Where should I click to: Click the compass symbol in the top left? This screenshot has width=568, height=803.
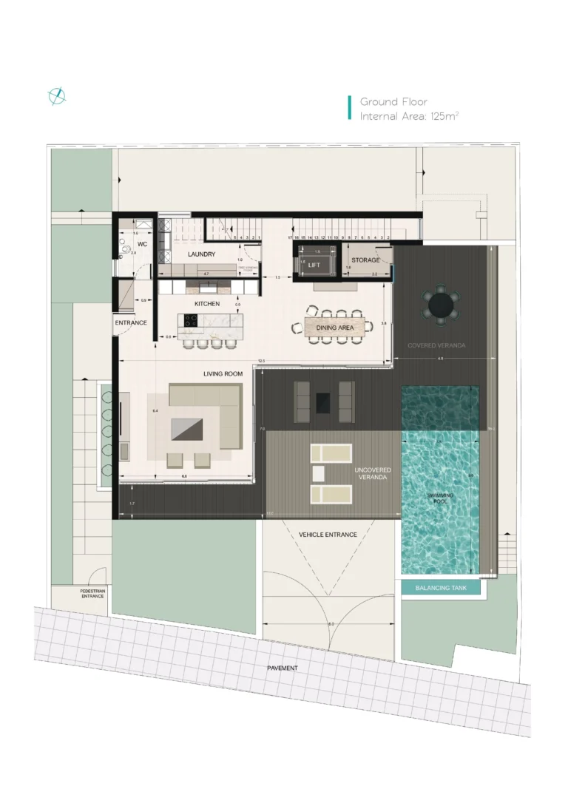pyautogui.click(x=57, y=96)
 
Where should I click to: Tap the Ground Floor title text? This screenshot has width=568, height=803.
pyautogui.click(x=393, y=101)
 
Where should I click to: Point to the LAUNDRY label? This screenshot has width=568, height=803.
pyautogui.click(x=201, y=254)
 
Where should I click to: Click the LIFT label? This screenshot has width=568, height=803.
pyautogui.click(x=314, y=264)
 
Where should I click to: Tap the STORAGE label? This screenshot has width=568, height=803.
pyautogui.click(x=365, y=260)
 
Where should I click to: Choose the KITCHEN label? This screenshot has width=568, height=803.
pyautogui.click(x=207, y=304)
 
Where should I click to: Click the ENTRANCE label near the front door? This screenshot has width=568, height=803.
pyautogui.click(x=131, y=323)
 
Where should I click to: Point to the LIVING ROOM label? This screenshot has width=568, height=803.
pyautogui.click(x=223, y=374)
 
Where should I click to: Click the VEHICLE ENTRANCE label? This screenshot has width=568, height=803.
pyautogui.click(x=328, y=535)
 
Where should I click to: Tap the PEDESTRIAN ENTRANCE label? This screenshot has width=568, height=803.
pyautogui.click(x=92, y=594)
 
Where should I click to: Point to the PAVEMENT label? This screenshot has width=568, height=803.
pyautogui.click(x=283, y=668)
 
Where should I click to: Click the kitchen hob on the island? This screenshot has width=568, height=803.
pyautogui.click(x=189, y=321)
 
